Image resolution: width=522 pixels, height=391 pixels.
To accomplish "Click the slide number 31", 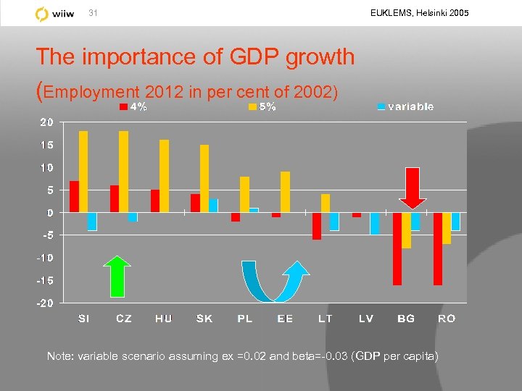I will pyautogui.click(x=92, y=14).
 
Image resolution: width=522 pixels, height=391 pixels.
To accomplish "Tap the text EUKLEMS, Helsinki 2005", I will pyautogui.click(x=419, y=13).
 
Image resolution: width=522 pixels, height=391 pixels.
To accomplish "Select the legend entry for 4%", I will pyautogui.click(x=133, y=107).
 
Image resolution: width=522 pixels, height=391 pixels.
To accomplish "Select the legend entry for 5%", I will pyautogui.click(x=262, y=107).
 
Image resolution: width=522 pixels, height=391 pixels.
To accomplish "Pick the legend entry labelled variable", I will pyautogui.click(x=405, y=107).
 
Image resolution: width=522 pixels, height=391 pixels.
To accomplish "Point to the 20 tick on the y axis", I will pyautogui.click(x=46, y=122).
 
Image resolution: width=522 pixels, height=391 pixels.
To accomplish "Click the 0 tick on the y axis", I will pyautogui.click(x=49, y=213).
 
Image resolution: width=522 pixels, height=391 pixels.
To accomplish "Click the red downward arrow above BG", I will pyautogui.click(x=413, y=188).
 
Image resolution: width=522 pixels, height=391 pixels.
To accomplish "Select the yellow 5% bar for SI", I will pyautogui.click(x=83, y=172).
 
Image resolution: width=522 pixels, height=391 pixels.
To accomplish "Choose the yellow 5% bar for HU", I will pyautogui.click(x=164, y=176).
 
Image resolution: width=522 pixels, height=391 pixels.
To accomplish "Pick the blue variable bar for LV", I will pyautogui.click(x=374, y=223).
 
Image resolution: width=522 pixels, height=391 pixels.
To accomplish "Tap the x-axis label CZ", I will pyautogui.click(x=124, y=319).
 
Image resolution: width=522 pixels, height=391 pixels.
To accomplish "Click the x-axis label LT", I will pyautogui.click(x=326, y=319).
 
